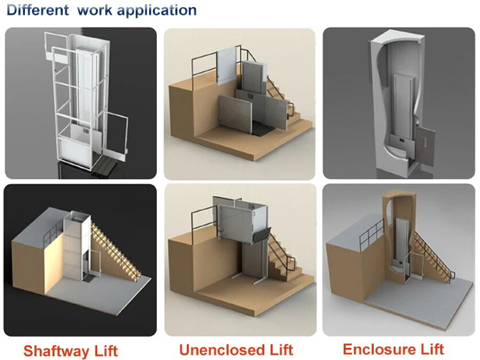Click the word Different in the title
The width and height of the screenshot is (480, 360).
pos(37,10)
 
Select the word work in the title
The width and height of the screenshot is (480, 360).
pos(95,10)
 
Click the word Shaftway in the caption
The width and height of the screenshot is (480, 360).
pos(56,350)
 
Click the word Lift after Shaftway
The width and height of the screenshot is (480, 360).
pos(106,350)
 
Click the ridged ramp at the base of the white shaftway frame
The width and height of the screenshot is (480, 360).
pos(104,167)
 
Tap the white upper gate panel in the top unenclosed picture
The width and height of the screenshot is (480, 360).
pos(226,65)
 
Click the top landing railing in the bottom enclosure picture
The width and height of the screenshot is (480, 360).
pos(371,233)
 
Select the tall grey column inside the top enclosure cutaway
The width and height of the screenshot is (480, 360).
pos(403,106)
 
